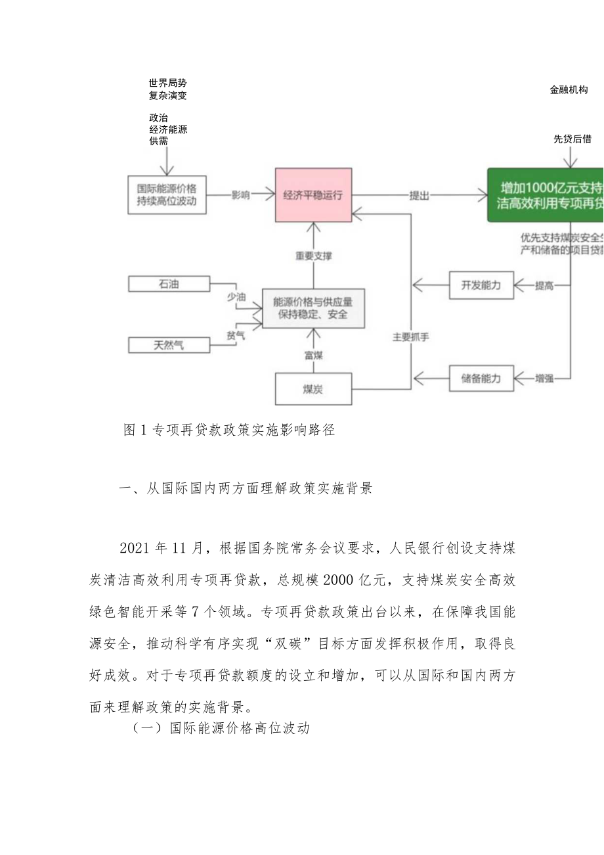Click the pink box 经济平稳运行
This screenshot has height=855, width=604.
pos(313,195)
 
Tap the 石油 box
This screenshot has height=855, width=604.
pos(169,284)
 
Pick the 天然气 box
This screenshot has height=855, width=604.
pos(169,344)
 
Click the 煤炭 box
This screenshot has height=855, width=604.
pos(313,389)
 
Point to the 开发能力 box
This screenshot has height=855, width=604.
pos(481,285)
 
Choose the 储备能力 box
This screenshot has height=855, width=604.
pos(481,379)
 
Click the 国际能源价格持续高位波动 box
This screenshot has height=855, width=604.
pos(167,195)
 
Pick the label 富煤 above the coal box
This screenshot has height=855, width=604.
pos(313,355)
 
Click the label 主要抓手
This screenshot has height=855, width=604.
pos(410,336)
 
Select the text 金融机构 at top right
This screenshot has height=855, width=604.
pos(569,90)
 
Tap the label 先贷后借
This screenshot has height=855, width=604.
pos(572,139)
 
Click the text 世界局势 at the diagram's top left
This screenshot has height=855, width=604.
pos(168,83)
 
